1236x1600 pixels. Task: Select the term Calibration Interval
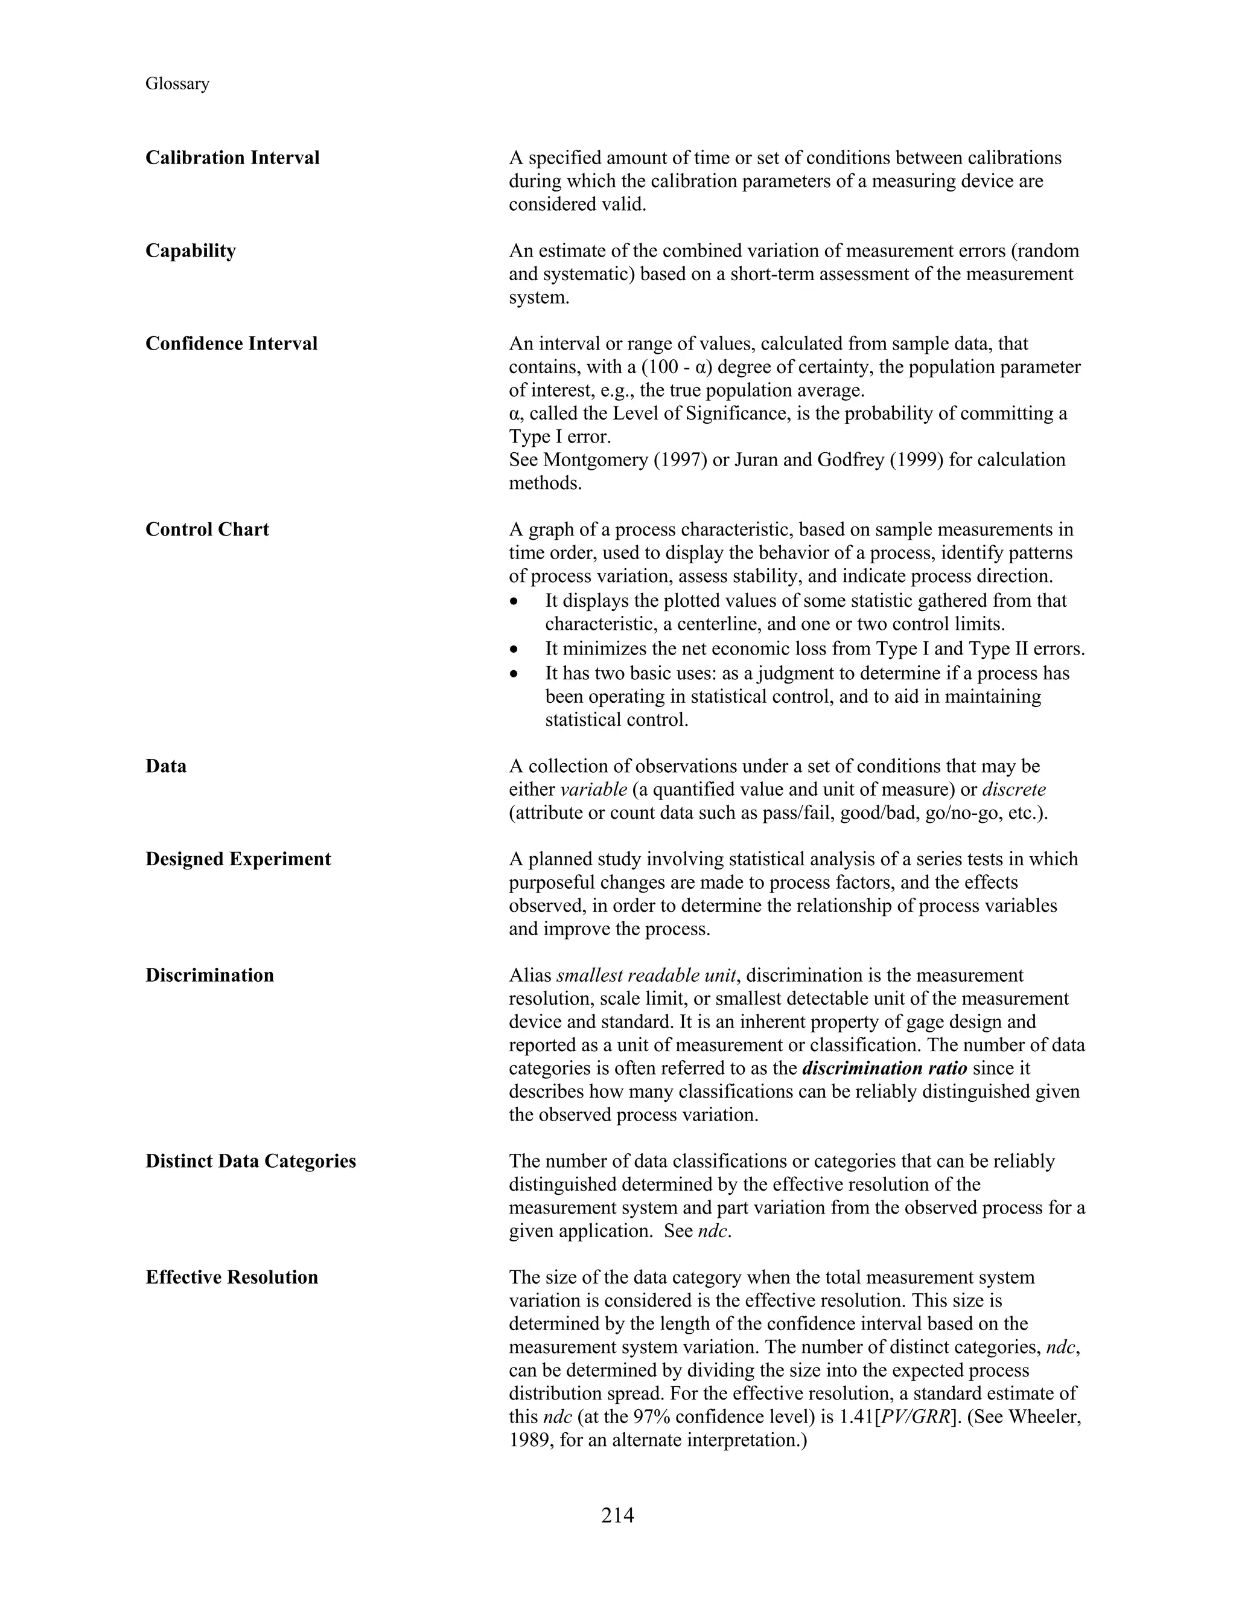tap(232, 158)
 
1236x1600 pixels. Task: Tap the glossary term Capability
tap(190, 251)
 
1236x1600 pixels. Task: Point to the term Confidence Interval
tap(231, 344)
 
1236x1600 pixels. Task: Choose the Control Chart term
tap(207, 529)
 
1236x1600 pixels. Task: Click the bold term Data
tap(165, 766)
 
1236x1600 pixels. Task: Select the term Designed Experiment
tap(238, 859)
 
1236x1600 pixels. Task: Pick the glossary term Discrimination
tap(209, 975)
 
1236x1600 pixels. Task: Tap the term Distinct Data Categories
tap(250, 1160)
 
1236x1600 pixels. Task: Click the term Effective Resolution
tap(231, 1277)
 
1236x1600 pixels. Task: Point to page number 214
tap(617, 1514)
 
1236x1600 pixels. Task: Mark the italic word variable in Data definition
tap(594, 789)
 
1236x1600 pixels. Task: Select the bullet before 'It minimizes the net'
tap(515, 649)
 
